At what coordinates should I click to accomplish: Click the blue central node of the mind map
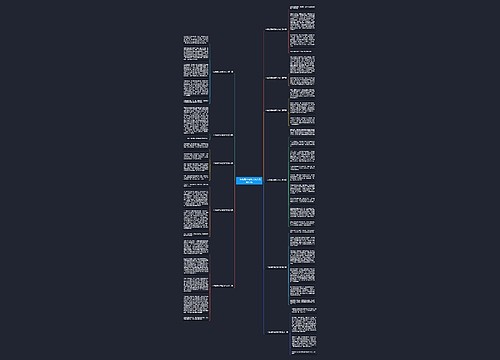(249, 181)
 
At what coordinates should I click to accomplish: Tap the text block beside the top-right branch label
(306, 30)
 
